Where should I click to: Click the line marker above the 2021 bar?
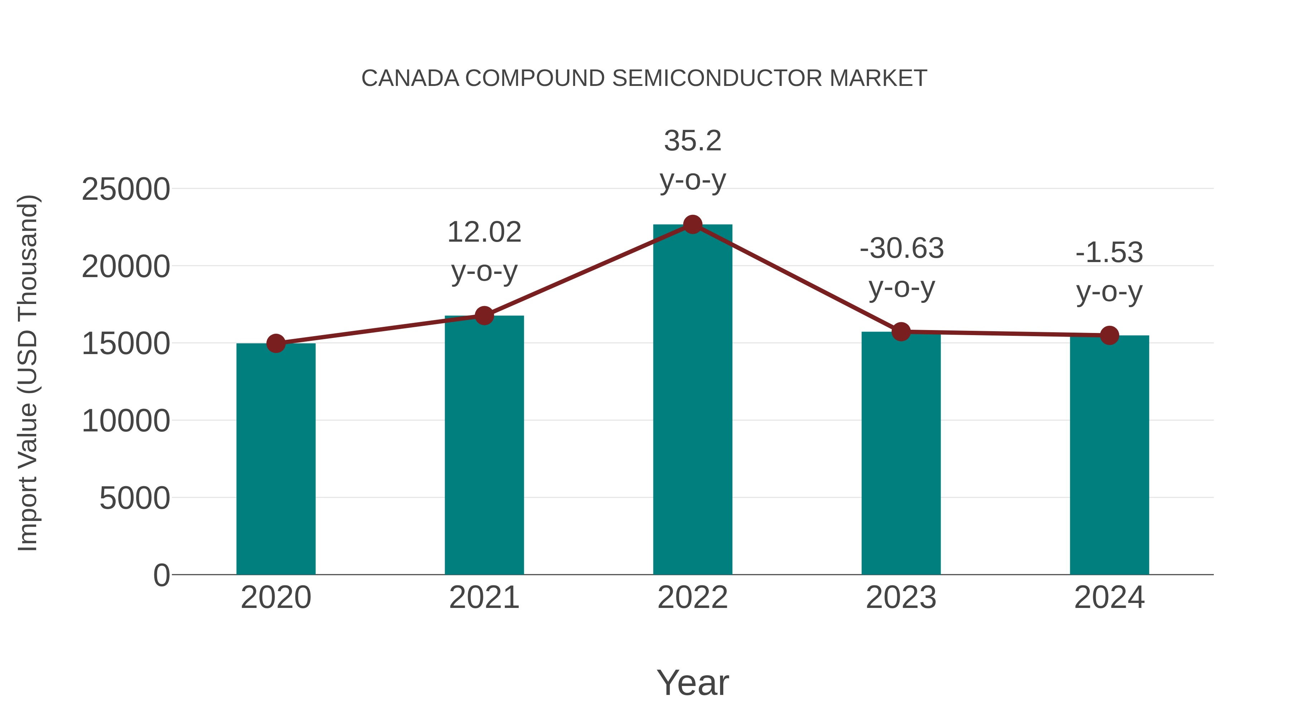point(484,316)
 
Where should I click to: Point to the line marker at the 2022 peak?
point(692,224)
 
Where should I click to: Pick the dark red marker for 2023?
point(901,332)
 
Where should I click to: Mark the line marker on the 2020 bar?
point(276,343)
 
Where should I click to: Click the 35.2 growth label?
point(692,141)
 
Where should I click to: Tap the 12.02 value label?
point(484,232)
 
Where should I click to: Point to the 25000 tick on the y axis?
point(126,190)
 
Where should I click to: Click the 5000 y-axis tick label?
point(135,498)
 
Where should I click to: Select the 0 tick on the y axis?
point(161,575)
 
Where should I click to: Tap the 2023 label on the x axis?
point(901,598)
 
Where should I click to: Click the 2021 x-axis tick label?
point(484,598)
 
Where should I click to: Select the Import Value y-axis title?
point(28,373)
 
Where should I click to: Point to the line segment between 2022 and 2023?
point(797,278)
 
